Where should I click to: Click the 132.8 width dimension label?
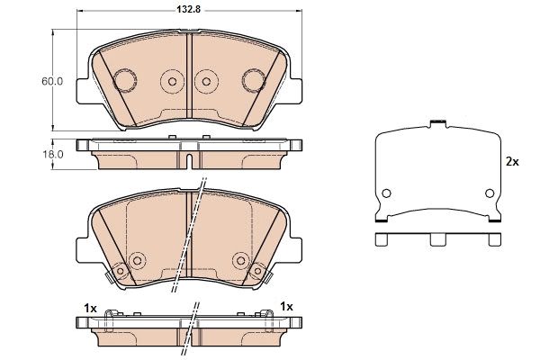click(x=189, y=10)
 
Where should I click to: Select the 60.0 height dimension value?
click(x=52, y=82)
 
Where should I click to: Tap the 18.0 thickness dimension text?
click(x=52, y=155)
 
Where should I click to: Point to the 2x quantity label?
click(x=512, y=162)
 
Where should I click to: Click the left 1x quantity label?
click(x=90, y=309)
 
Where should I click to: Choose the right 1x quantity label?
click(x=286, y=306)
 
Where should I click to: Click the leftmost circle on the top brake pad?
click(x=125, y=81)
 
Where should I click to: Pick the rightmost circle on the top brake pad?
click(x=254, y=81)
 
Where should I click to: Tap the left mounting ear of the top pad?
click(x=83, y=91)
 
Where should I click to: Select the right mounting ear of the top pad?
click(x=296, y=91)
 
